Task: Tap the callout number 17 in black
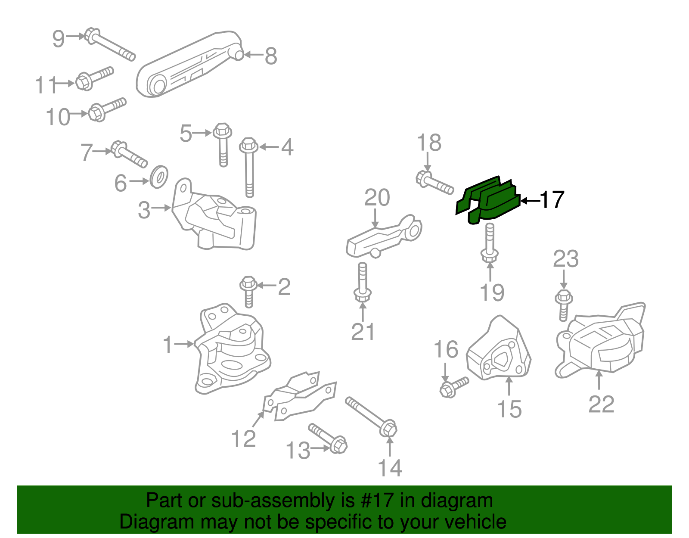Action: pos(551,200)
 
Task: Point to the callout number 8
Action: pos(270,56)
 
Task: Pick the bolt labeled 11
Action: pos(93,78)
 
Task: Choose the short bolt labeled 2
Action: pos(248,291)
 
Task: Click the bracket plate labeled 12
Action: pos(299,396)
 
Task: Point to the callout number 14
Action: pos(390,468)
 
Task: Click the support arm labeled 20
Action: pos(383,237)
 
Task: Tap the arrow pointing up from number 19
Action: pos(490,271)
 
